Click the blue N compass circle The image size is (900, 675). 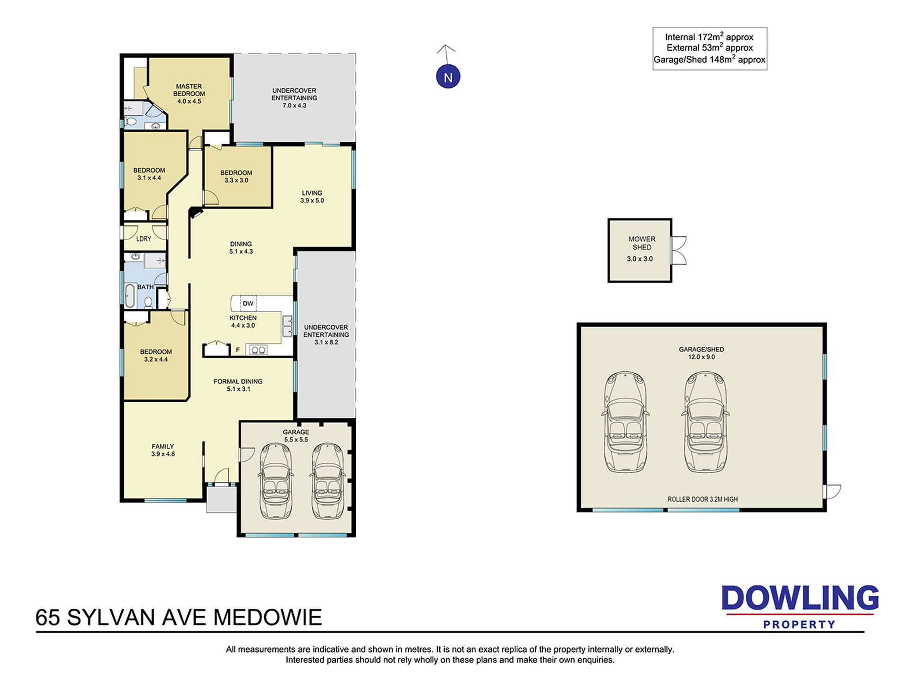pos(448,77)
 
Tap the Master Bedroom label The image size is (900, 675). pos(189,90)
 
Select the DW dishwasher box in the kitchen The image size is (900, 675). pos(248,303)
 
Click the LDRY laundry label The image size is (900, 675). pos(144,239)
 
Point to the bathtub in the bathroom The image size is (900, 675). pos(129,295)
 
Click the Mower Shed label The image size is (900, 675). pos(642,243)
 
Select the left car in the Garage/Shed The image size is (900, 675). pos(625,422)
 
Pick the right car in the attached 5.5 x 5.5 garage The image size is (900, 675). pos(327,481)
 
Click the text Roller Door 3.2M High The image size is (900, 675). pos(702,499)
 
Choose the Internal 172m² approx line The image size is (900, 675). pos(709,36)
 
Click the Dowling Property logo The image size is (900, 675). pos(800,607)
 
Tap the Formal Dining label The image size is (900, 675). pos(238,381)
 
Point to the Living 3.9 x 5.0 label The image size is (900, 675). pos(312,197)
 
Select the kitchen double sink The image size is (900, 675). pos(288,326)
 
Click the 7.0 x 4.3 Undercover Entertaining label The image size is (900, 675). pos(294,98)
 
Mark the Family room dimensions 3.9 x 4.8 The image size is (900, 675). pos(163,454)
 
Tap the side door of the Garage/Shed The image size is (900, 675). pos(832,492)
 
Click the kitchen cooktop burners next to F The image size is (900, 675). pos(258,350)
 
